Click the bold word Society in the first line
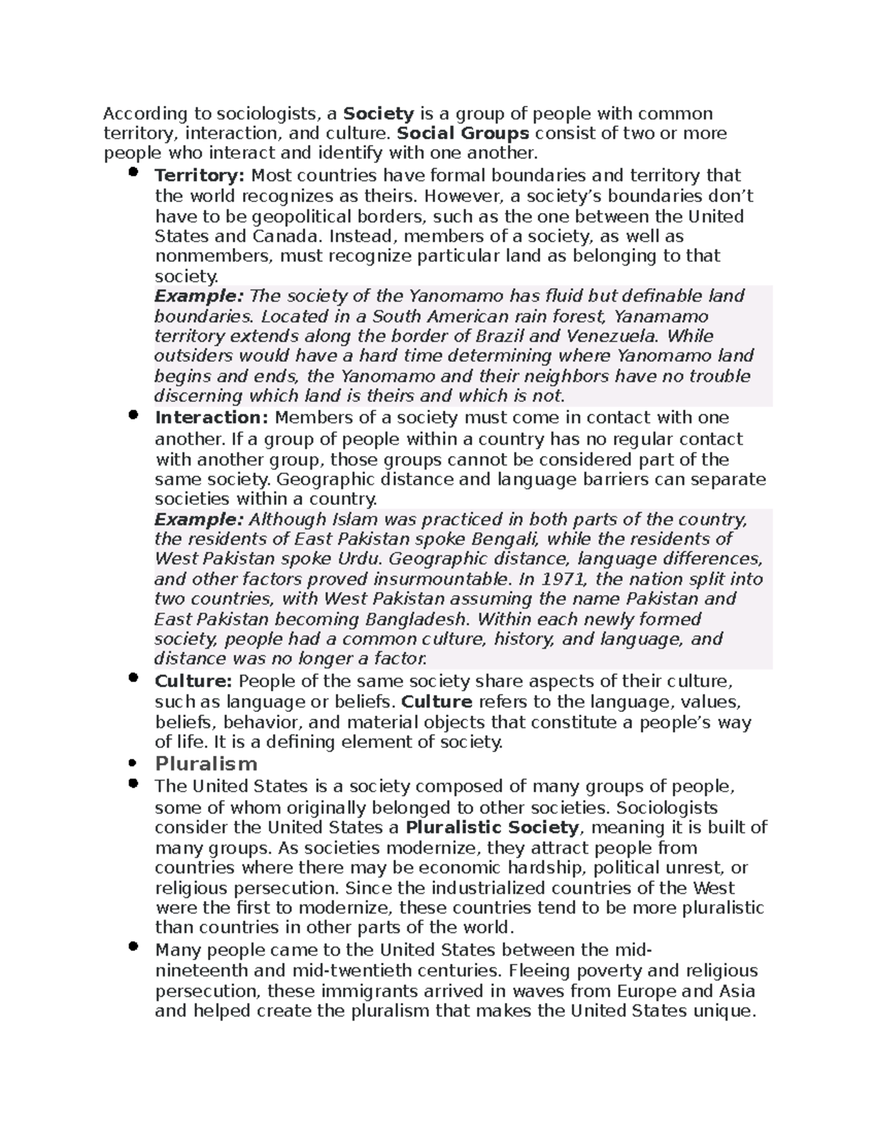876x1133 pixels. [x=379, y=114]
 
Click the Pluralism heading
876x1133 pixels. [x=207, y=764]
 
